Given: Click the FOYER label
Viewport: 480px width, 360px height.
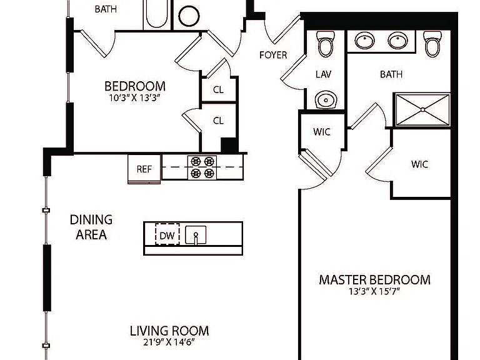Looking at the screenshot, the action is tap(273, 55).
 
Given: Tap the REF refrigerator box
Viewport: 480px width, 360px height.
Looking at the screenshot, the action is tap(144, 169).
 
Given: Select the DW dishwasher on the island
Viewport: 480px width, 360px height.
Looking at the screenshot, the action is tap(167, 235).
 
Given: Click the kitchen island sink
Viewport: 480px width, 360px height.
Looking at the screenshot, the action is tap(196, 235).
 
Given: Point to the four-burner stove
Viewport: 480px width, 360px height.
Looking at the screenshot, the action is tap(202, 167).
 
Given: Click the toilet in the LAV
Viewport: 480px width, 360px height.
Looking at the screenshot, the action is tap(325, 44).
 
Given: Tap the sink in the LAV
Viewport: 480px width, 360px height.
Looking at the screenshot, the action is tap(326, 99).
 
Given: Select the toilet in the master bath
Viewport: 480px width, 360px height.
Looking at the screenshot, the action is tap(432, 44).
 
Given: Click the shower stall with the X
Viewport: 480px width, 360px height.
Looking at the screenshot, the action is tap(422, 109).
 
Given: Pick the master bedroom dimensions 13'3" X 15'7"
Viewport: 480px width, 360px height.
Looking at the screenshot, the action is tap(374, 291).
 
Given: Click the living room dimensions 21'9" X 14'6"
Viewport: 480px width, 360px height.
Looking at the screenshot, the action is tap(169, 342).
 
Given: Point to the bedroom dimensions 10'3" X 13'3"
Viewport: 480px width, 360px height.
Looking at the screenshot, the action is tap(135, 98).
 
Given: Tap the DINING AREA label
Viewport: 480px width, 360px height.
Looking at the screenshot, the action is tap(91, 227).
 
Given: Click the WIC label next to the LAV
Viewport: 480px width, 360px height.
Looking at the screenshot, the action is tap(322, 132).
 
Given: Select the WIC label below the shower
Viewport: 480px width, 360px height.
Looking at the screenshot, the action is tap(419, 164).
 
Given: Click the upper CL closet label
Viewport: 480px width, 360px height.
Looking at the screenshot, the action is tap(218, 90).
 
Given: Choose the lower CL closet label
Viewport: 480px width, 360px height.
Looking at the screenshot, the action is tap(218, 121).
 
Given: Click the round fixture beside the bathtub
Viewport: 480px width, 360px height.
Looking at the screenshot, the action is tap(189, 15).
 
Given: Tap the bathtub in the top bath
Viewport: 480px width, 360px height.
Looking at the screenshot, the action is tap(157, 14).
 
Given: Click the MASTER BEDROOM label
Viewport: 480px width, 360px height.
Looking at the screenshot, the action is tap(375, 280).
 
